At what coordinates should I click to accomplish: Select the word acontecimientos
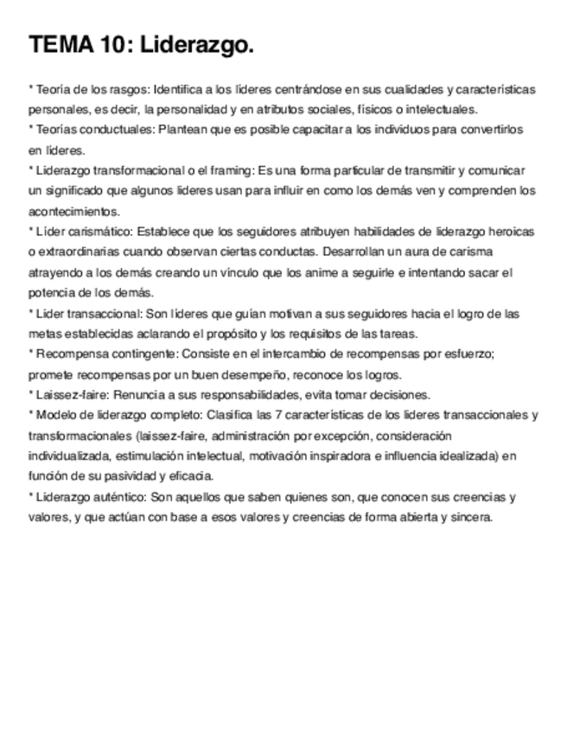point(73,211)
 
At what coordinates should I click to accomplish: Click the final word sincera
point(473,517)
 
